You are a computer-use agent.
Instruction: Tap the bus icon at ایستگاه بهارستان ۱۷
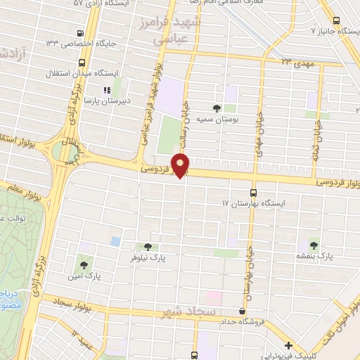click(254, 192)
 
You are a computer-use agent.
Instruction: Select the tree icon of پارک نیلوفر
click(147, 247)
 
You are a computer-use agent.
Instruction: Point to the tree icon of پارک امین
click(84, 265)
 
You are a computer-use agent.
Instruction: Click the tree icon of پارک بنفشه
click(314, 245)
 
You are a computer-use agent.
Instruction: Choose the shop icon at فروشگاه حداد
click(243, 311)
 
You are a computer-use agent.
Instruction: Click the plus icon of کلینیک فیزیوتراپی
click(289, 345)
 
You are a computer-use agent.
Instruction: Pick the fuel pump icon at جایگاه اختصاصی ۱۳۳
click(82, 33)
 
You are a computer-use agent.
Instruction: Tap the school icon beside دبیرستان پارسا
click(107, 90)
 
